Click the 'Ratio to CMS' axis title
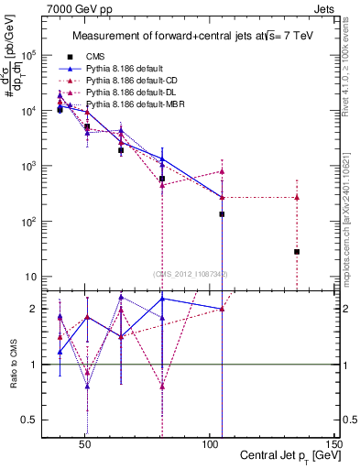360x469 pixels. click(14, 365)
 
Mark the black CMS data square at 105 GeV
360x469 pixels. click(222, 214)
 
